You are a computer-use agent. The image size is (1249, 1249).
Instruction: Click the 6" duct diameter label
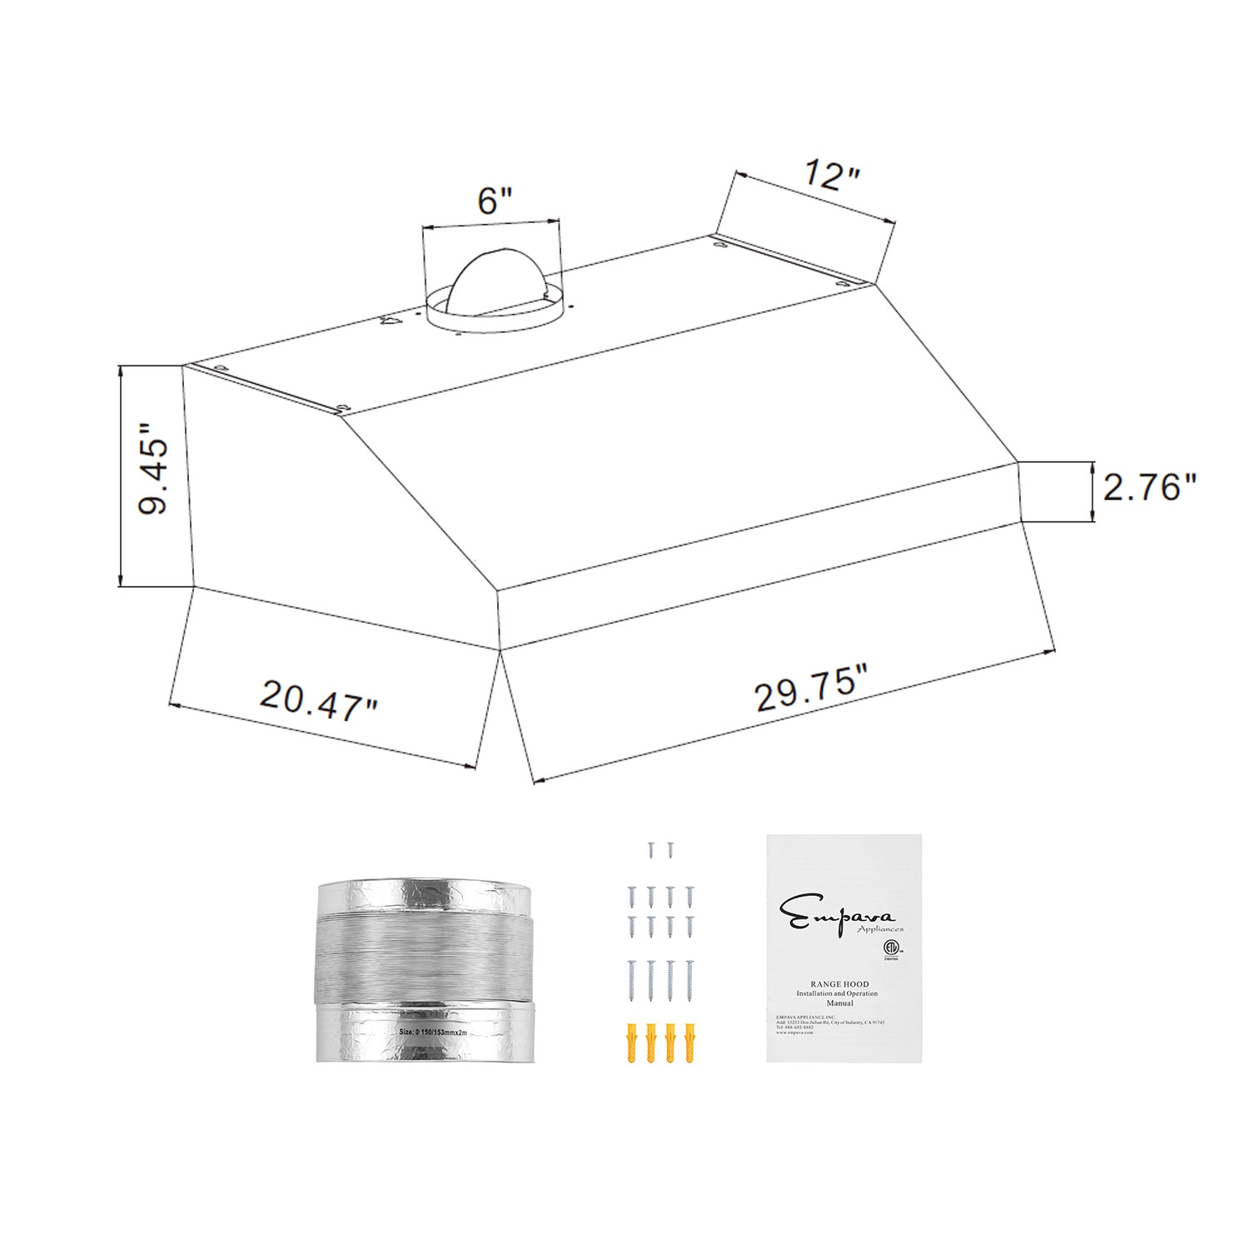[x=494, y=201]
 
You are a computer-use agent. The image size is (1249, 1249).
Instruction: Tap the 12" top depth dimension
[x=832, y=176]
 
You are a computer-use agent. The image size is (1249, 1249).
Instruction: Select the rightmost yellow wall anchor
[x=689, y=1044]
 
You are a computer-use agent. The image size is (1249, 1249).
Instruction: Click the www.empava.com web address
[x=795, y=1033]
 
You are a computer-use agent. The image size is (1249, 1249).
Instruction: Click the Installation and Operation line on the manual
[x=837, y=993]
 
